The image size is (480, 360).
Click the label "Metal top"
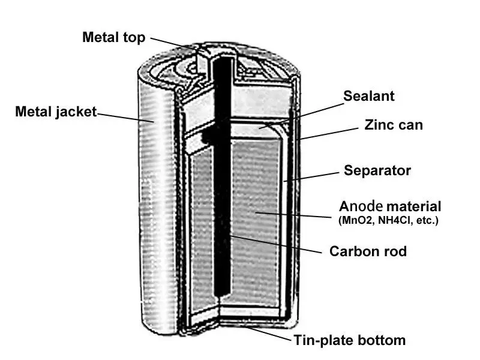click(113, 37)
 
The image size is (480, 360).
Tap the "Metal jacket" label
click(55, 112)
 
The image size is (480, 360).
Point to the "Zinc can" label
click(394, 125)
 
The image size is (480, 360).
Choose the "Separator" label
click(377, 170)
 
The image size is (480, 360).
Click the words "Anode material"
click(390, 206)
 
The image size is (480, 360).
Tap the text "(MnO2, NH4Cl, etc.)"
click(388, 220)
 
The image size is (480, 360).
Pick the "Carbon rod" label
click(368, 251)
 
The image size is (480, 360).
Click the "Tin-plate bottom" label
click(349, 341)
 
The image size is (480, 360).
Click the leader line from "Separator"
click(312, 175)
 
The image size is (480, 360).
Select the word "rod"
click(394, 251)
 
